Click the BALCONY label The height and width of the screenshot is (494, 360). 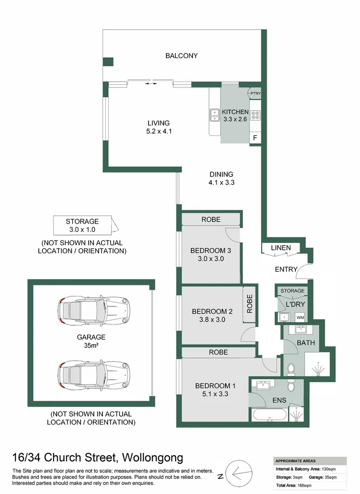pos(182,56)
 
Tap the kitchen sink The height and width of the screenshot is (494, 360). pos(215,115)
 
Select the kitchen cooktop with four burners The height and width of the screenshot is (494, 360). pos(255,116)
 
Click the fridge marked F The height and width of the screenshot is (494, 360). pos(255,138)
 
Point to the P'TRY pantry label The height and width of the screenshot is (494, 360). pos(255,93)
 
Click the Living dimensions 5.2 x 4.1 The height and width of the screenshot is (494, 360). pos(159,131)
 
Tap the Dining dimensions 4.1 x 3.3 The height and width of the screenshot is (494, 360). pos(221,183)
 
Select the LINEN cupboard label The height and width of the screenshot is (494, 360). pos(280,248)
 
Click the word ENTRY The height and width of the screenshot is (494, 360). pos(286,269)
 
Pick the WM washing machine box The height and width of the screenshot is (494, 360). pos(300,317)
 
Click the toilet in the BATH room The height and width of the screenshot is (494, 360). pos(291,369)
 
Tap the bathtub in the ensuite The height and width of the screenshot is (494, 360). pos(269,414)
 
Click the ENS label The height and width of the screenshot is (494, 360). pos(279,400)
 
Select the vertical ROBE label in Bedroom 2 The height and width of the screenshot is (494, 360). pos(250,304)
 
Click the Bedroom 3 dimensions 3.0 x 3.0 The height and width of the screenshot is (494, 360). pos(211,259)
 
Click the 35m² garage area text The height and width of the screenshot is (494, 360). pos(91,346)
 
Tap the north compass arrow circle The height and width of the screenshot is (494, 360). pos(239,473)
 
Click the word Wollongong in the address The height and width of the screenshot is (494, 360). pos(152,457)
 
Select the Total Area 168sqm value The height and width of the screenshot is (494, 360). pos(305,485)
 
